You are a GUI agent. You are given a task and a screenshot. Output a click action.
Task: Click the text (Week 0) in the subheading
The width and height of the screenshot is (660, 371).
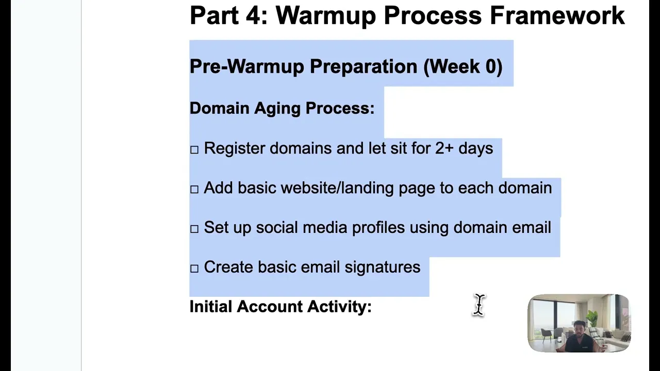pos(463,66)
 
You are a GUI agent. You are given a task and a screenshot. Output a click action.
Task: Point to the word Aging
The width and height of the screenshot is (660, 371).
pos(277,108)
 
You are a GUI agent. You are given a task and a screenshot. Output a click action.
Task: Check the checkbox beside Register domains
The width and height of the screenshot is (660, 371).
pos(194,150)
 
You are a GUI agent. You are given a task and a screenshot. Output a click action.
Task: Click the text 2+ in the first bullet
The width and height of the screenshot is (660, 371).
pos(444,148)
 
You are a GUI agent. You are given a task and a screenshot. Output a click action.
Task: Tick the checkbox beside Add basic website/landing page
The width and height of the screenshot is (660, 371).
pos(194,190)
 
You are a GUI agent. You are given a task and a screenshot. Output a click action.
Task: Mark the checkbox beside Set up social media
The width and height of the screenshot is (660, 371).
pos(194,229)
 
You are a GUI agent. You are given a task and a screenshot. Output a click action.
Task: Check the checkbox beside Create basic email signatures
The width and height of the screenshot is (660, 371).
pos(194,269)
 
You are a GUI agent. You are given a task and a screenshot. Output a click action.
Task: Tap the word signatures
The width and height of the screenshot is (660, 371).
pos(382,267)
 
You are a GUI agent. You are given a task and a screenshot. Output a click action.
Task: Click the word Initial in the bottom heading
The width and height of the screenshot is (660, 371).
pos(210,307)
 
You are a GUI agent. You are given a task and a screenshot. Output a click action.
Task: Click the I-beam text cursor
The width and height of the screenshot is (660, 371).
pos(479,305)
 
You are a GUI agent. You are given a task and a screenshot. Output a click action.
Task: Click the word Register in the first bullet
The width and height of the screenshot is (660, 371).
pos(234,148)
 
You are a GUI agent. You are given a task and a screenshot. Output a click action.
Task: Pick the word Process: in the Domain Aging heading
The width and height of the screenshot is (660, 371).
pos(340,108)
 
